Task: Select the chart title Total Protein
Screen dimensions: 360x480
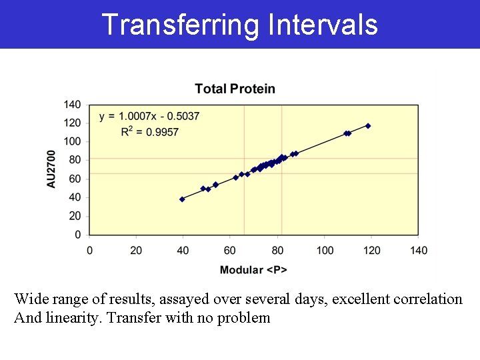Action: click(235, 89)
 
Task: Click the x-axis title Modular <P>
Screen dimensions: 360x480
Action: click(253, 269)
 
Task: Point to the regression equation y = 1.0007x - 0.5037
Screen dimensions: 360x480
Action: click(149, 117)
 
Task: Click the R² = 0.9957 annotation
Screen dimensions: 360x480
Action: click(149, 132)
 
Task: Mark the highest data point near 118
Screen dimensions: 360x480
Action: click(368, 126)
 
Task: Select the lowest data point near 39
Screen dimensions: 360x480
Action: click(182, 199)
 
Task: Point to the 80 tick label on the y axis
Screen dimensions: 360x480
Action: click(75, 160)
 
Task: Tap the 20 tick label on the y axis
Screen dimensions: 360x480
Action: click(75, 216)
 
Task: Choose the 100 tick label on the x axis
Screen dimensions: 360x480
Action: click(325, 250)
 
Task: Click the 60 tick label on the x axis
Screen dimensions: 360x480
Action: click(230, 250)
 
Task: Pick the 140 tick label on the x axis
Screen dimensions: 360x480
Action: click(419, 250)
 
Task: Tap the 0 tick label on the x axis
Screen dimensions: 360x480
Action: click(90, 250)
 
